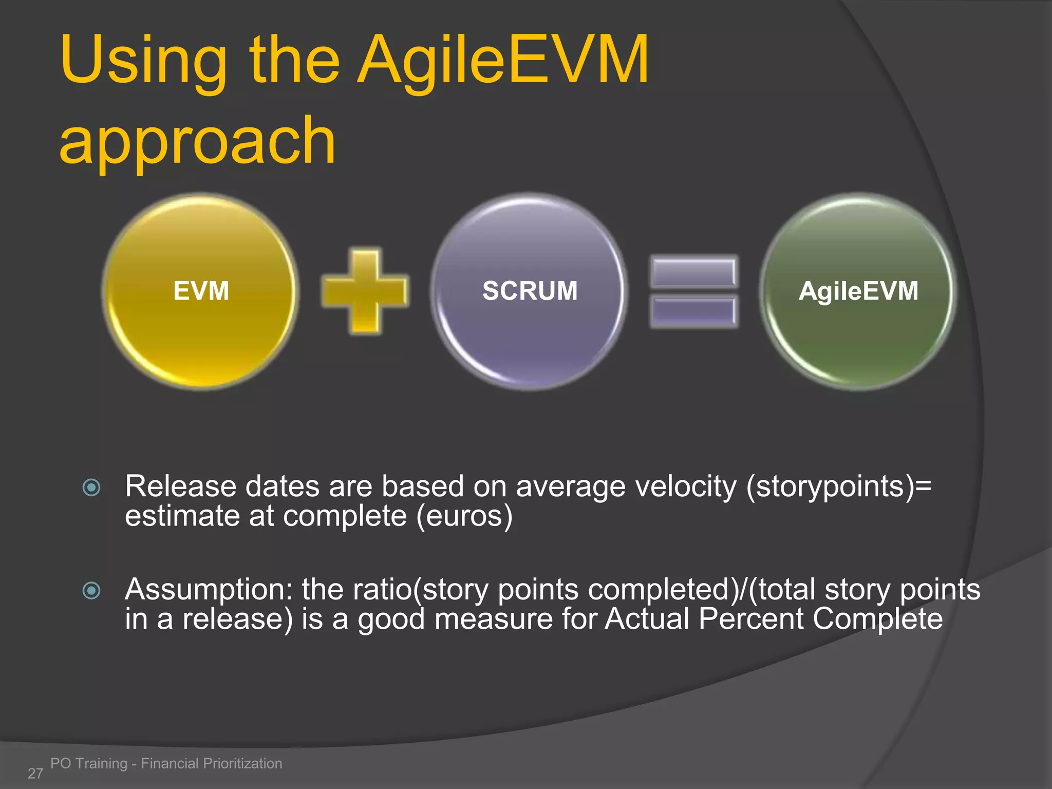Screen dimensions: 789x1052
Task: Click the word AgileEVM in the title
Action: [x=503, y=61]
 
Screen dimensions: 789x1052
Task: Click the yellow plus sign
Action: [x=365, y=291]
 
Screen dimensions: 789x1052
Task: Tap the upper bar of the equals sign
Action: [x=693, y=272]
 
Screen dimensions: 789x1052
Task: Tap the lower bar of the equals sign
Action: [x=693, y=311]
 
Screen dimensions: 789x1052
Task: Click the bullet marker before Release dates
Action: [x=91, y=487]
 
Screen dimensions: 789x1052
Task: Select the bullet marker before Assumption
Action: [x=91, y=590]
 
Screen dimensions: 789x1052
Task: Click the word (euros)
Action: [x=464, y=516]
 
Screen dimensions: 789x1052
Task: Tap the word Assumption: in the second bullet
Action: [x=209, y=590]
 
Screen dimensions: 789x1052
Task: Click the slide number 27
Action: [x=35, y=773]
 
